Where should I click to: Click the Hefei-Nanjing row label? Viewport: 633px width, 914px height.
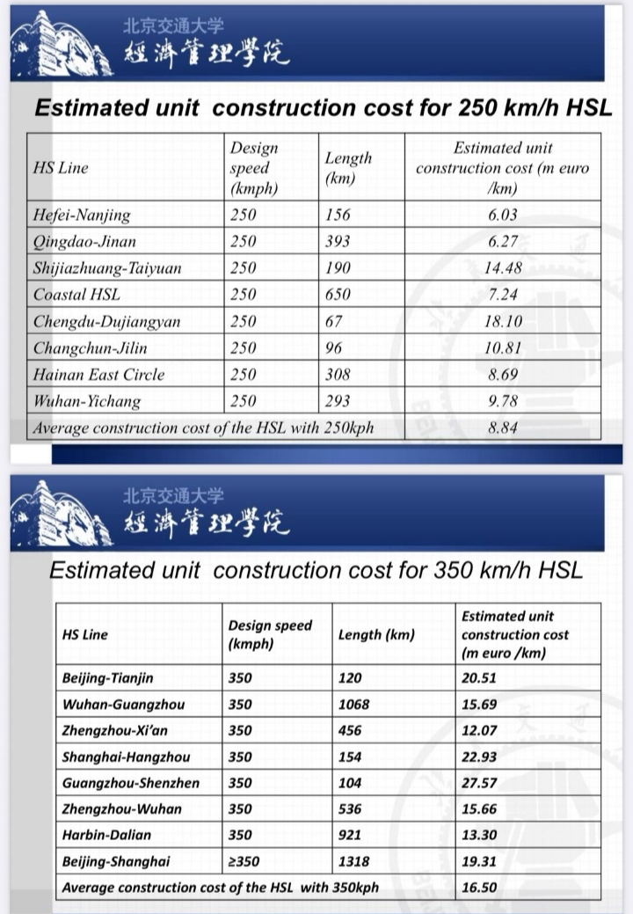pyautogui.click(x=82, y=215)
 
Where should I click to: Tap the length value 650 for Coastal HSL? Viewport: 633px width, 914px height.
pyautogui.click(x=338, y=295)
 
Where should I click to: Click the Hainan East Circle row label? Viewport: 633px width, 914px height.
pyautogui.click(x=98, y=375)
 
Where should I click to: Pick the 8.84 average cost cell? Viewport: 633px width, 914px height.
pyautogui.click(x=502, y=428)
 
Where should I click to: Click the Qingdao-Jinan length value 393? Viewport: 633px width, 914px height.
pyautogui.click(x=338, y=241)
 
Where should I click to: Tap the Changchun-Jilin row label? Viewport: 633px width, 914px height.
pyautogui.click(x=91, y=348)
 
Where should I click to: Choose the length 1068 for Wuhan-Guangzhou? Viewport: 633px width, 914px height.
pyautogui.click(x=354, y=705)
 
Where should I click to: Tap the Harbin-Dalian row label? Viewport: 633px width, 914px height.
pyautogui.click(x=106, y=835)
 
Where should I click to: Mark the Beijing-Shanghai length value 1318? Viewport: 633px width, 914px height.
pyautogui.click(x=354, y=861)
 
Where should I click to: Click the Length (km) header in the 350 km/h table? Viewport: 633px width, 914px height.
pyautogui.click(x=376, y=634)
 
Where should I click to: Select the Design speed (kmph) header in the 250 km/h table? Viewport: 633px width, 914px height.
pyautogui.click(x=254, y=167)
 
